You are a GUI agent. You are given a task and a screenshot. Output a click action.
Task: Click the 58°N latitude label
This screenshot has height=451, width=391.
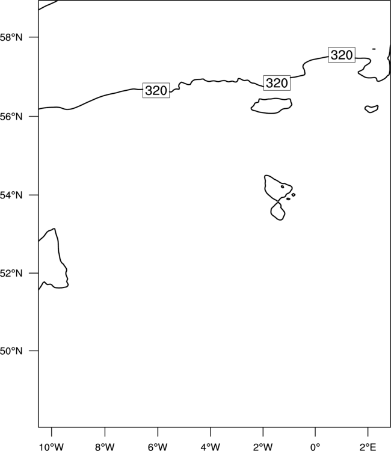pyautogui.click(x=11, y=37)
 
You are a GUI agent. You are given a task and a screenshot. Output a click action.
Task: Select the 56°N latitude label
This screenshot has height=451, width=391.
pyautogui.click(x=11, y=117)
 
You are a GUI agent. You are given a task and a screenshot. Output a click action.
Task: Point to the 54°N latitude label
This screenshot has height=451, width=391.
pyautogui.click(x=11, y=195)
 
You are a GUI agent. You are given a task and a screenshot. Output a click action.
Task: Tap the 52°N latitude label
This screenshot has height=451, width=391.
pyautogui.click(x=11, y=273)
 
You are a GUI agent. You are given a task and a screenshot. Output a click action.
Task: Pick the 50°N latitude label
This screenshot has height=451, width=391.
pyautogui.click(x=11, y=351)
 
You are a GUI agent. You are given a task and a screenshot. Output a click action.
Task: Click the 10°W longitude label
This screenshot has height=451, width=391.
pyautogui.click(x=52, y=447)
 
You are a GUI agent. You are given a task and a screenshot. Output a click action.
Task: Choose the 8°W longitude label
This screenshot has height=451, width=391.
pyautogui.click(x=105, y=447)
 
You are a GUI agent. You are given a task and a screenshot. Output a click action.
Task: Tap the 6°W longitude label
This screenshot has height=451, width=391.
pyautogui.click(x=158, y=447)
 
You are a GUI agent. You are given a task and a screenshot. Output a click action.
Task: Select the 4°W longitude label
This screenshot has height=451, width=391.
pyautogui.click(x=211, y=447)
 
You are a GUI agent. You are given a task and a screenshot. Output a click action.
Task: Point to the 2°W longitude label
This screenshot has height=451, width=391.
pyautogui.click(x=263, y=447)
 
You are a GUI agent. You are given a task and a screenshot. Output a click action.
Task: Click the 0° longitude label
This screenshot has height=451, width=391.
pyautogui.click(x=315, y=447)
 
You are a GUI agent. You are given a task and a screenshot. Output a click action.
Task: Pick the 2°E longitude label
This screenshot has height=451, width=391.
pyautogui.click(x=368, y=447)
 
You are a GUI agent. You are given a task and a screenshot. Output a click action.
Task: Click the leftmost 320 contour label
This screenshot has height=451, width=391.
pyautogui.click(x=156, y=90)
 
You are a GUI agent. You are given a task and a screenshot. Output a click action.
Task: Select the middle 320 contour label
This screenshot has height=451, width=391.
pyautogui.click(x=277, y=83)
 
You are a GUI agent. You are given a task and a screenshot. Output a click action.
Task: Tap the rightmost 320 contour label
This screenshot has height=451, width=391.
pyautogui.click(x=342, y=55)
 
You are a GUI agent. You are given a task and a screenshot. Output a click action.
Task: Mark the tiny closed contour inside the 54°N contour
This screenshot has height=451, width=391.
pyautogui.click(x=283, y=186)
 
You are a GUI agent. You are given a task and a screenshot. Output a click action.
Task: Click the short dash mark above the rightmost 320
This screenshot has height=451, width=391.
pyautogui.click(x=374, y=49)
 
